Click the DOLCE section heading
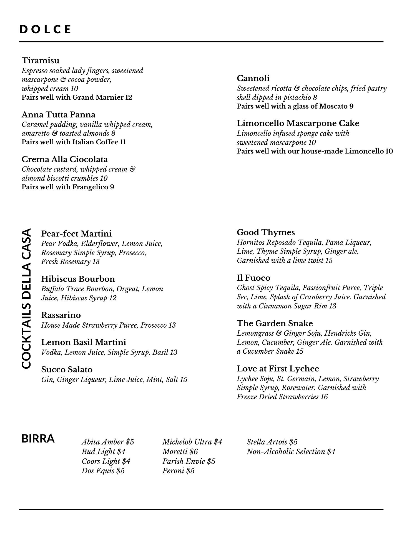tap(45, 29)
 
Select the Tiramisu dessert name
tap(41, 60)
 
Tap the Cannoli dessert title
tap(253, 78)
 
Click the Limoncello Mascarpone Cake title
tap(298, 123)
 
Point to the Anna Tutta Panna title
tap(58, 114)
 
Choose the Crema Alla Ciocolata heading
tap(65, 159)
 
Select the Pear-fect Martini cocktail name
tap(76, 233)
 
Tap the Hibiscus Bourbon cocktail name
tap(78, 278)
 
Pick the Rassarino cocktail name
tap(61, 315)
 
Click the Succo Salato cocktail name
tap(67, 369)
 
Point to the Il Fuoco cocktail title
tap(253, 278)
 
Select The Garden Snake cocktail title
tap(275, 323)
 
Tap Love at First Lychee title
tap(278, 368)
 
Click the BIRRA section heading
tap(38, 439)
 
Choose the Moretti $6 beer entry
tap(180, 451)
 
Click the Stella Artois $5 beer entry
tap(272, 442)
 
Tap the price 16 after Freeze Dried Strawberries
tap(324, 397)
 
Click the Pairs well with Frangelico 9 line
tap(68, 187)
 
